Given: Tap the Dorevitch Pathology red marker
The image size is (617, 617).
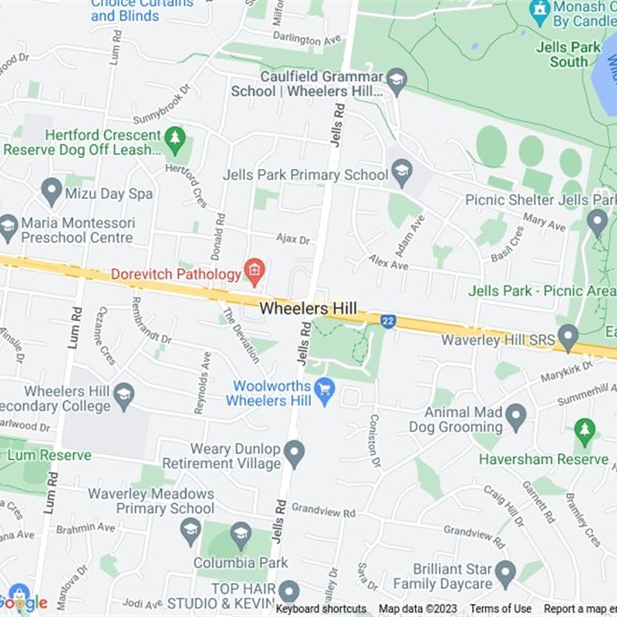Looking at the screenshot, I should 254,271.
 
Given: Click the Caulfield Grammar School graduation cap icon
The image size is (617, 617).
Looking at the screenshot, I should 396,80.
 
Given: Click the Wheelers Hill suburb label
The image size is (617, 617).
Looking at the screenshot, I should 308,308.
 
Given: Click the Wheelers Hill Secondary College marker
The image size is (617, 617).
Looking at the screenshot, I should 123,396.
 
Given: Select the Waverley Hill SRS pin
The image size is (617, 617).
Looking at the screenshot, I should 568,337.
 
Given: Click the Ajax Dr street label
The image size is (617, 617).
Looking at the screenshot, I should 293,240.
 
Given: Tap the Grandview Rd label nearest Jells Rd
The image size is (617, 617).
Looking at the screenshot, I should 323,511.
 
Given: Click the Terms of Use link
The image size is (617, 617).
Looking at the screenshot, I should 501,609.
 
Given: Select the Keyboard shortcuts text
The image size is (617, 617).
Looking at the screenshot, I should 322,609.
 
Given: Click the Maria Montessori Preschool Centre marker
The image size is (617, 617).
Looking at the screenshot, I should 8,227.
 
